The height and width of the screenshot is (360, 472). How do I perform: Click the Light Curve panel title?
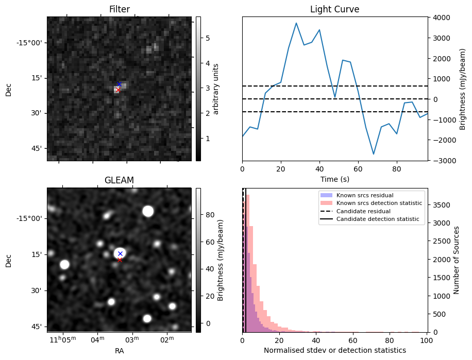334,9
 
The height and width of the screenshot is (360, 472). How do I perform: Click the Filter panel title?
119,9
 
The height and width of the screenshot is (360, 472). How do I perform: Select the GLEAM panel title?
119,180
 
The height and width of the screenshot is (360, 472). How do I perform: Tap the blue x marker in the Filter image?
119,84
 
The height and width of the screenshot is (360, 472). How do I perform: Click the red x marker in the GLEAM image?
120,260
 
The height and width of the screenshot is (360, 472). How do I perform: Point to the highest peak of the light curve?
296,23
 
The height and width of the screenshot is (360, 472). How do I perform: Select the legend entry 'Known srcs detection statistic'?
379,203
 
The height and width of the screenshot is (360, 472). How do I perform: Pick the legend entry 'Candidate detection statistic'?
377,220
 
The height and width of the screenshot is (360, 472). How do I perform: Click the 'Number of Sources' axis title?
456,261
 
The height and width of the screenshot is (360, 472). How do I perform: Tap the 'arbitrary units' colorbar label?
216,89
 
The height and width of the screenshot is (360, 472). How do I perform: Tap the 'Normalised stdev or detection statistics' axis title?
334,350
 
